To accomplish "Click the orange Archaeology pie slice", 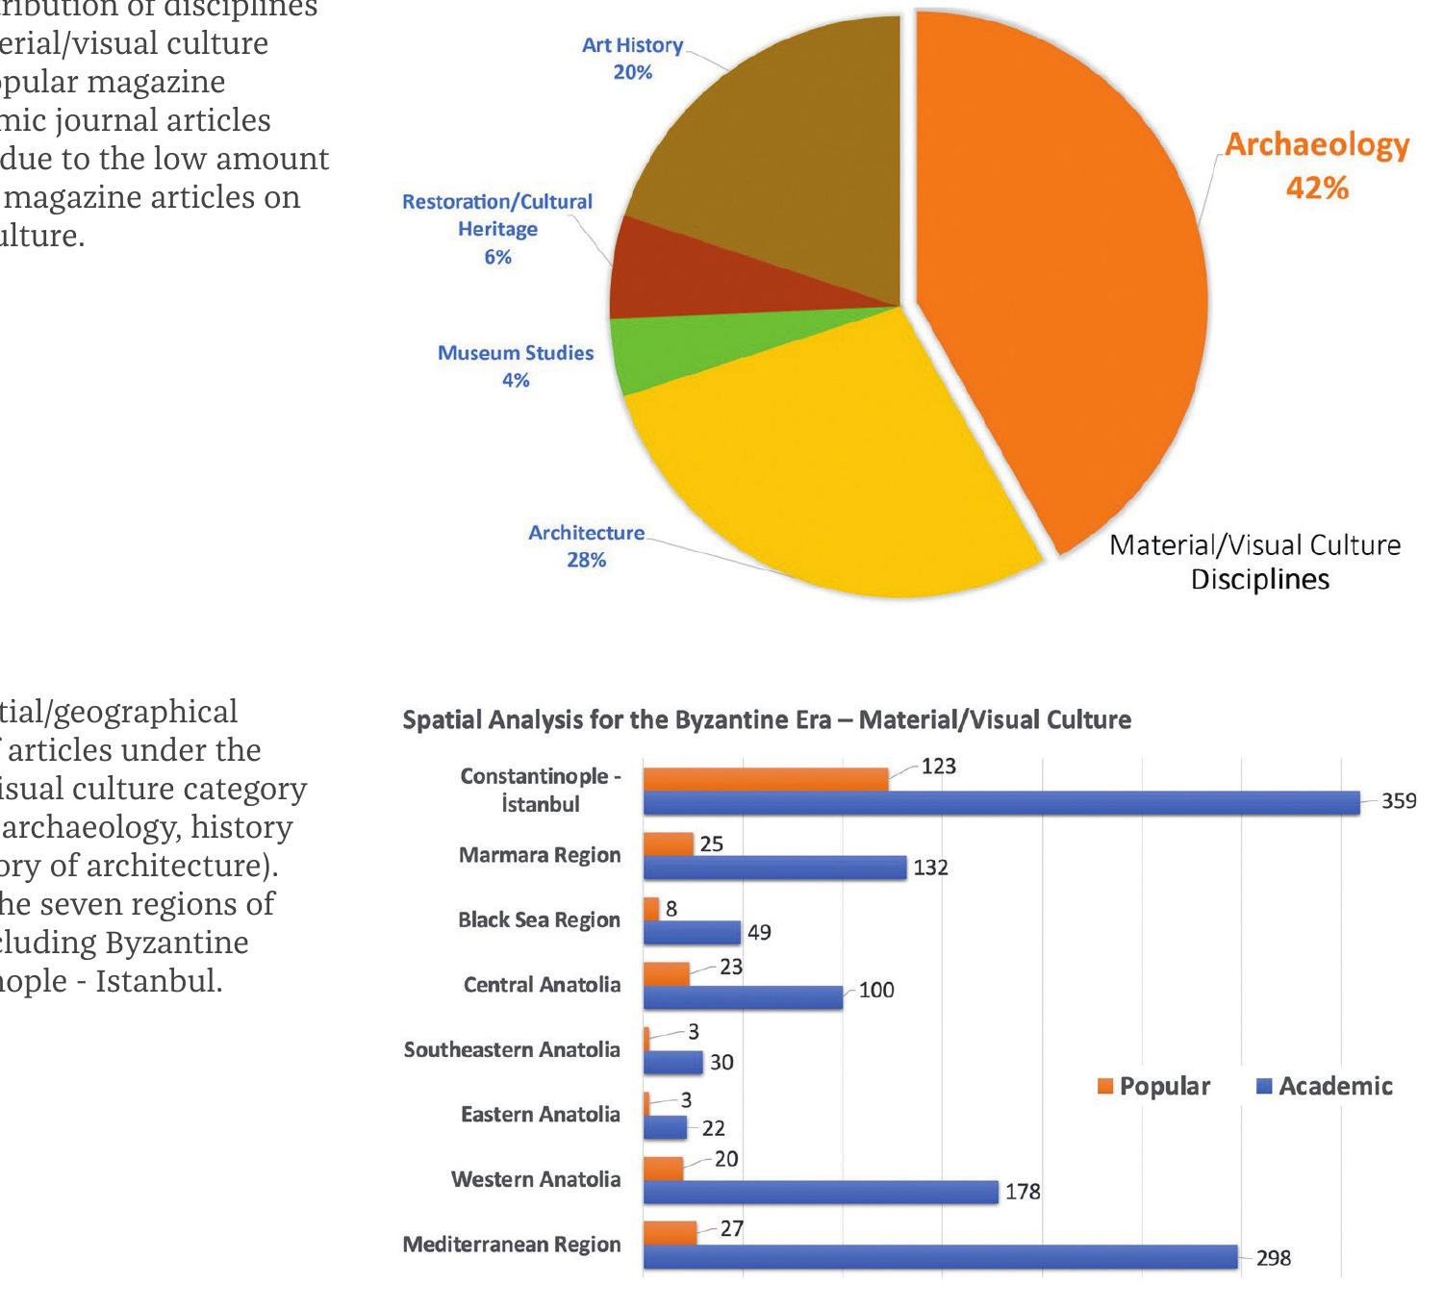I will point(1068,289).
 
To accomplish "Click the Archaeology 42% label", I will point(1316,164).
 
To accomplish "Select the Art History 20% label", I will point(632,59).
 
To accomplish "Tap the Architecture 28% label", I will point(586,545).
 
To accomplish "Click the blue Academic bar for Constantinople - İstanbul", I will point(1000,803).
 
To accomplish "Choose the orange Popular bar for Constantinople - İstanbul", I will point(765,779).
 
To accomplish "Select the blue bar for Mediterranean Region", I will point(940,1256).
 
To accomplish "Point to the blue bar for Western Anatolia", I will point(820,1192).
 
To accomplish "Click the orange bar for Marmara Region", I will point(668,844).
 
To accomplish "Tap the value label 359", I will point(1399,801).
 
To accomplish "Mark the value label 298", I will point(1274,1258).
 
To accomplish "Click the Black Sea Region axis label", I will point(539,920).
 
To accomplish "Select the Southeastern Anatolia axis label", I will point(512,1050).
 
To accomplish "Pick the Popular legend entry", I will point(1153,1087).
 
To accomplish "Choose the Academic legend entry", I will point(1325,1087).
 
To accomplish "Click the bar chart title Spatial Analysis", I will point(766,720).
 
